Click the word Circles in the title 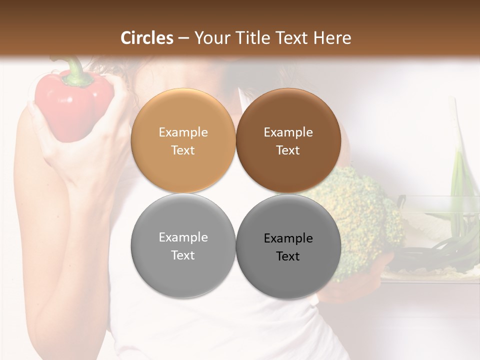[x=147, y=38]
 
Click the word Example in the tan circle [x=183, y=132]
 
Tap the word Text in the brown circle [x=288, y=150]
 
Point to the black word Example [x=288, y=238]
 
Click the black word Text [x=288, y=256]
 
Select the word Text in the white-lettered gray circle [x=183, y=255]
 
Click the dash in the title [x=183, y=38]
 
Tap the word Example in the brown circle [x=288, y=132]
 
